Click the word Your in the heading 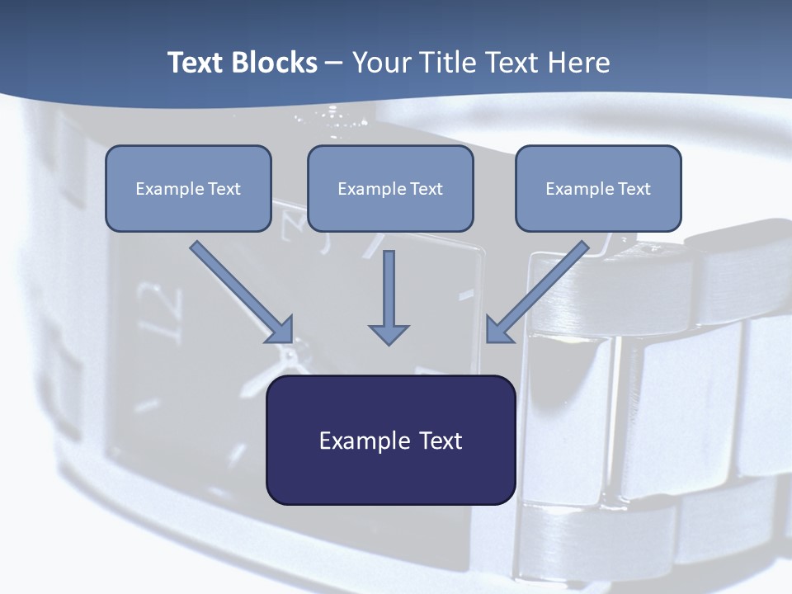(380, 63)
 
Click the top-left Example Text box (188, 188)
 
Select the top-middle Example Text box (390, 188)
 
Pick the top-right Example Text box (598, 188)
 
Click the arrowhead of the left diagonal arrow (280, 330)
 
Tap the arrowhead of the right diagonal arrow (498, 330)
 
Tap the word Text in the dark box (441, 441)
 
